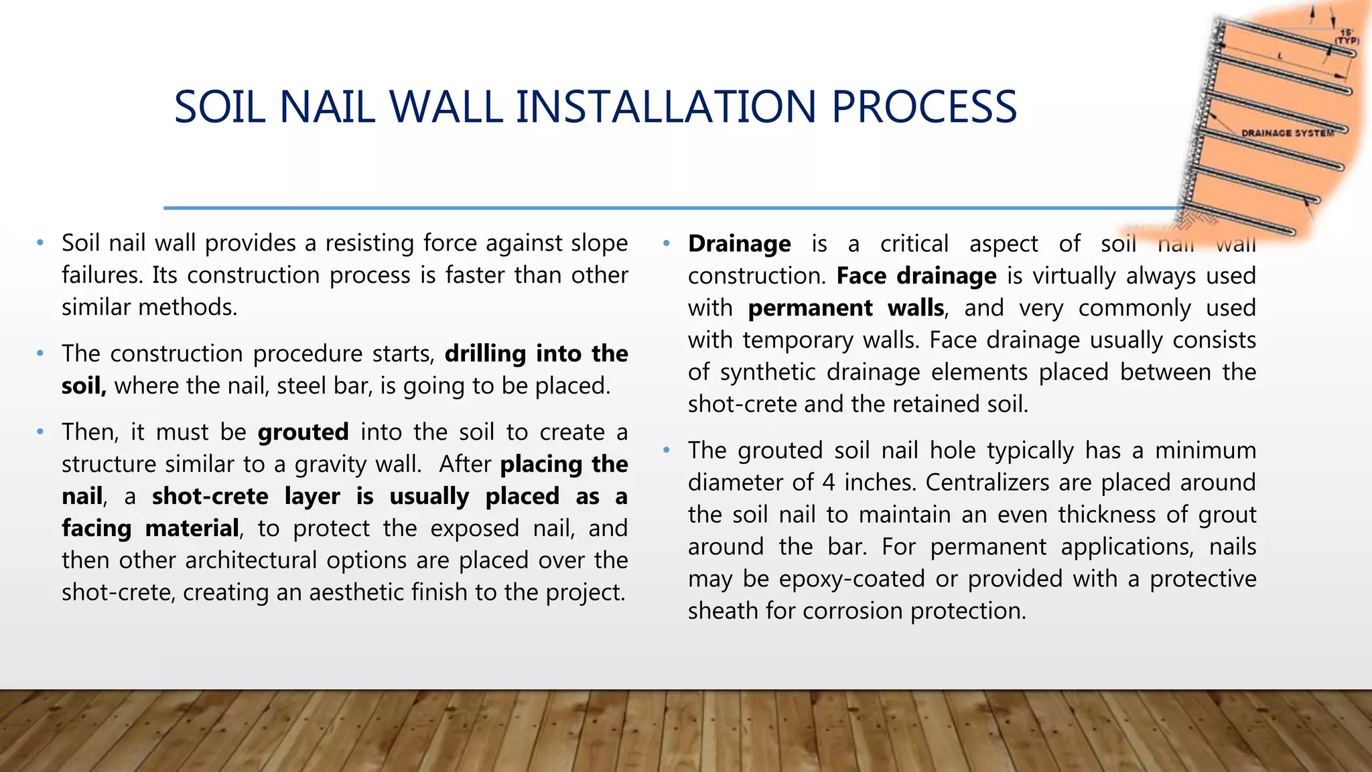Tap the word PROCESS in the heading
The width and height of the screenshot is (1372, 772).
tap(924, 107)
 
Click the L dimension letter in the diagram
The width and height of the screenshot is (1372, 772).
tap(1280, 56)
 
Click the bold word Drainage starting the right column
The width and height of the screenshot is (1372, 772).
tap(739, 243)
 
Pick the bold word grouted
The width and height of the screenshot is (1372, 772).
tap(303, 432)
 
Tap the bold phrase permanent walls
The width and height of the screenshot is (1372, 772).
tap(846, 308)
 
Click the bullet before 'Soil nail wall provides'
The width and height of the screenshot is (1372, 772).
tap(40, 243)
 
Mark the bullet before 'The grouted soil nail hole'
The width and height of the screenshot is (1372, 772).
tap(667, 450)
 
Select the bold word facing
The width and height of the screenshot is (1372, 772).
tap(96, 529)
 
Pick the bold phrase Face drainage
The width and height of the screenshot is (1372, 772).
tap(916, 275)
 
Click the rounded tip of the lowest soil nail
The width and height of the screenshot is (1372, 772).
tap(1293, 232)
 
